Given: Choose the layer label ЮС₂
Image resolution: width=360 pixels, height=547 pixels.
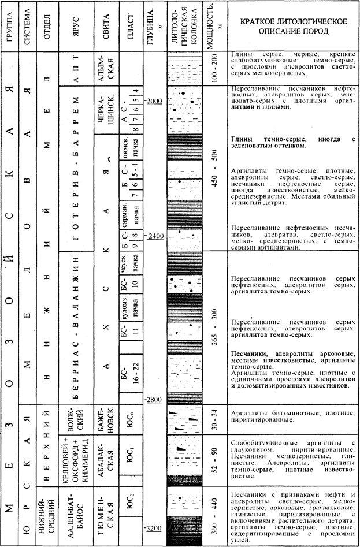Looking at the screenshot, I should [131, 504].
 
